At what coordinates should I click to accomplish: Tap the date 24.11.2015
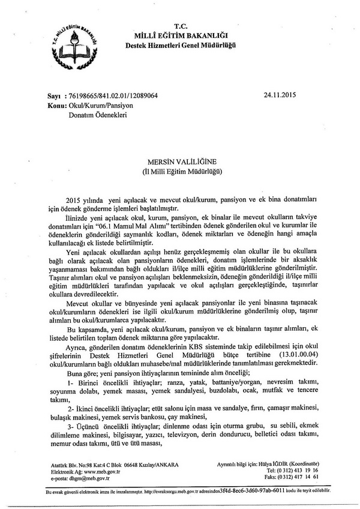[280, 95]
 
